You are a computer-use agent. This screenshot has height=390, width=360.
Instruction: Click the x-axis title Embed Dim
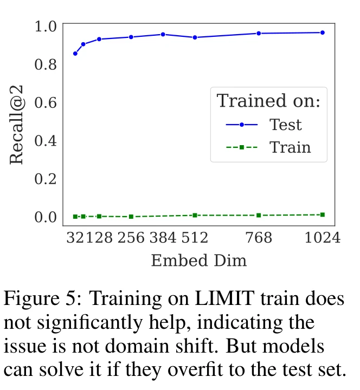[x=198, y=261]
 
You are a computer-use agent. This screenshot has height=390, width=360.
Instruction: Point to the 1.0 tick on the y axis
[x=46, y=26]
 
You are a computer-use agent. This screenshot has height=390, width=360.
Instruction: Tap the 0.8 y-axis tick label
[x=46, y=64]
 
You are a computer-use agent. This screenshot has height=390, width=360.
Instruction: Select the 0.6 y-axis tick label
[x=46, y=102]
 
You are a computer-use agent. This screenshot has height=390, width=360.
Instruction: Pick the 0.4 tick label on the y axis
[x=46, y=140]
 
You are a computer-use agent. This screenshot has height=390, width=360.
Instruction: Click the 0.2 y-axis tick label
[x=46, y=179]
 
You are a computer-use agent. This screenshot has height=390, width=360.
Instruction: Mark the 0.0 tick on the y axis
[x=46, y=217]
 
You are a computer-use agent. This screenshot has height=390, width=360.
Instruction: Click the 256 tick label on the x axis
[x=131, y=238]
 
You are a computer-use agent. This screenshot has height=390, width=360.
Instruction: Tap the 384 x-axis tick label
[x=163, y=238]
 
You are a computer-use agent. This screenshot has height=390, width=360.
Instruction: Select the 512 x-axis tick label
[x=195, y=238]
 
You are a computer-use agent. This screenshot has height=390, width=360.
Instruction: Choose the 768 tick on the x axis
[x=259, y=238]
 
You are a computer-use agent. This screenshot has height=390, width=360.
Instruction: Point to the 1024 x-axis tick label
[x=322, y=238]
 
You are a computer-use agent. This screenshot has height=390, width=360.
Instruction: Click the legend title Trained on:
[x=269, y=101]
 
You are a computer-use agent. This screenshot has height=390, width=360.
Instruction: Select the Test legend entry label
[x=286, y=125]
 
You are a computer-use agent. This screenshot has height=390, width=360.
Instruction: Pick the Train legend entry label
[x=290, y=147]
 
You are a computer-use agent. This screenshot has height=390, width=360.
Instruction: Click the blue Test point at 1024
[x=323, y=32]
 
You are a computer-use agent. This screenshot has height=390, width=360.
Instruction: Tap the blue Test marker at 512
[x=195, y=37]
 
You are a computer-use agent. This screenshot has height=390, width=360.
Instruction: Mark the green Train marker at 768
[x=259, y=215]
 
